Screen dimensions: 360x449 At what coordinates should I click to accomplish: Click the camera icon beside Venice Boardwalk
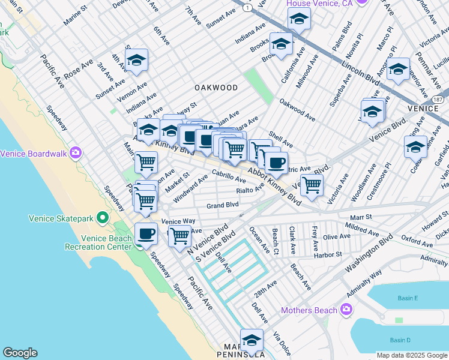(x=76, y=153)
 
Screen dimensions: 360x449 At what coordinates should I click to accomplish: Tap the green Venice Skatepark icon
(x=102, y=217)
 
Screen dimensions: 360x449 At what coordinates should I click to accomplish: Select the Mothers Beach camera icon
(x=345, y=310)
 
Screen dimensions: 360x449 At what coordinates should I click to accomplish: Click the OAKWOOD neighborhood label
(x=216, y=88)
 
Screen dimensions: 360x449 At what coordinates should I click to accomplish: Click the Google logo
(x=20, y=353)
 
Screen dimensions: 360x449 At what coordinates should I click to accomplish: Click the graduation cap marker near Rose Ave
(x=137, y=60)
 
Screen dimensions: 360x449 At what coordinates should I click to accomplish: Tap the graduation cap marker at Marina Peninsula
(x=252, y=340)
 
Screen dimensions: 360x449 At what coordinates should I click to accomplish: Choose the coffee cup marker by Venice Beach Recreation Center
(x=146, y=234)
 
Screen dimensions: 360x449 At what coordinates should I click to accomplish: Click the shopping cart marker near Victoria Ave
(x=312, y=185)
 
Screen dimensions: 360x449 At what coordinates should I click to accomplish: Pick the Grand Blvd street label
(x=223, y=205)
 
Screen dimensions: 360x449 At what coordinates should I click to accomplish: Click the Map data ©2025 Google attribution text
(x=411, y=355)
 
